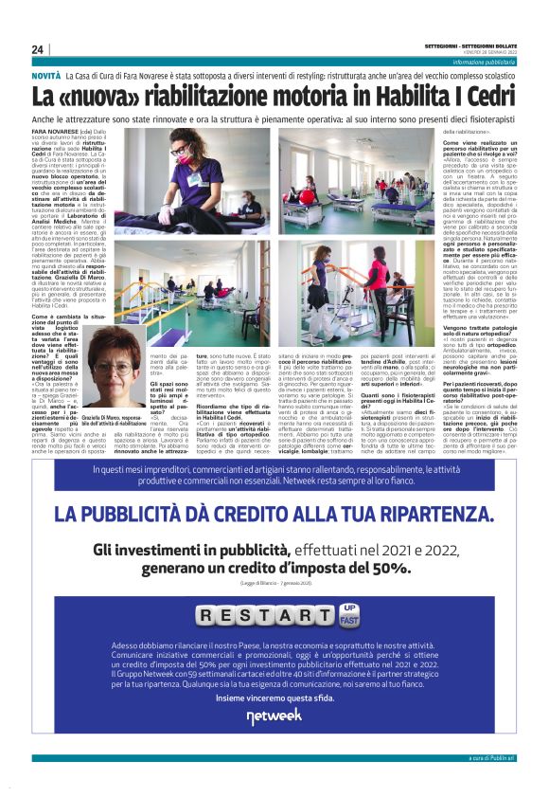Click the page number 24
(38, 49)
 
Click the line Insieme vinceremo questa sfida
(274, 697)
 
